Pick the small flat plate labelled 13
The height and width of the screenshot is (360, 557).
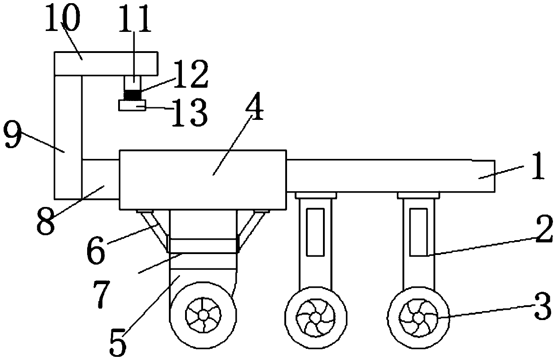pyautogui.click(x=132, y=105)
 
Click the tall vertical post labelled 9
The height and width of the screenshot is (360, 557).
pyautogui.click(x=68, y=135)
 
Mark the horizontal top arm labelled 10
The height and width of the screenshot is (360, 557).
pyautogui.click(x=106, y=63)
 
